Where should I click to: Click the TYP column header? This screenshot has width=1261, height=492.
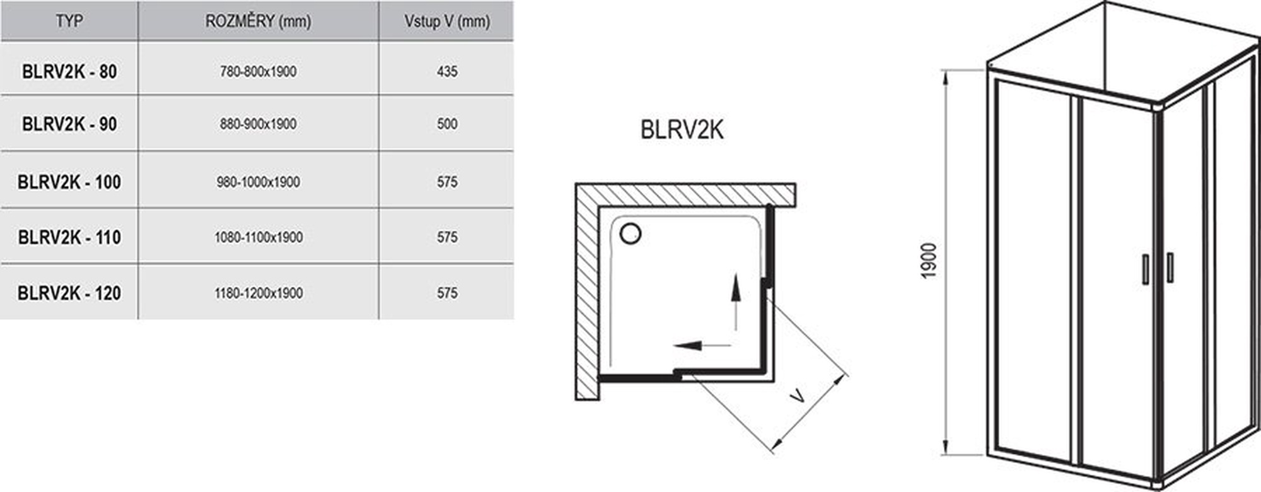point(69,21)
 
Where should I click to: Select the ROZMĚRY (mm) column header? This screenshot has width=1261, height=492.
point(258,21)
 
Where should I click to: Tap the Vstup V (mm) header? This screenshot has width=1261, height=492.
point(447,21)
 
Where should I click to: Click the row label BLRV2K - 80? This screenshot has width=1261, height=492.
point(69,71)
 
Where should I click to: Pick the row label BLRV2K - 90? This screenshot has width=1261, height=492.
point(69,124)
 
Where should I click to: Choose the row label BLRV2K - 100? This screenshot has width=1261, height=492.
point(69,182)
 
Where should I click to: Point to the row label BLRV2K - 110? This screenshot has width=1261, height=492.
point(69,237)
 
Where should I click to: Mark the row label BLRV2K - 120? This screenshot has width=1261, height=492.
point(69,293)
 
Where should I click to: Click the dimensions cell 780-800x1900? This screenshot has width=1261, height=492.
point(258,71)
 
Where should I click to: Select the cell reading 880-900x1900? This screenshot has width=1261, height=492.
point(258,124)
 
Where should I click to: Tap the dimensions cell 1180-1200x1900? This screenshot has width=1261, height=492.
point(259,293)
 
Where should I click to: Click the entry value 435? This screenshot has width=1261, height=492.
point(447,71)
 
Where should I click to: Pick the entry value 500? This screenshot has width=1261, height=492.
point(447,124)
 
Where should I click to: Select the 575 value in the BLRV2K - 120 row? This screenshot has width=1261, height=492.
point(447,293)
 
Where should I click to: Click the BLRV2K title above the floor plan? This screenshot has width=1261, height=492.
point(682,129)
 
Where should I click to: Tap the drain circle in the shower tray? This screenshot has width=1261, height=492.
point(630,233)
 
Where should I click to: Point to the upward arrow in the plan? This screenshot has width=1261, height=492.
point(736,302)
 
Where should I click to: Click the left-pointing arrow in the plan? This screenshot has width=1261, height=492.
point(702,345)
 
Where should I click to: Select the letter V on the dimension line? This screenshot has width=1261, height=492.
point(798,396)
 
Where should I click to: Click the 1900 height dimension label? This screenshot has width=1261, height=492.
point(929,261)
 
